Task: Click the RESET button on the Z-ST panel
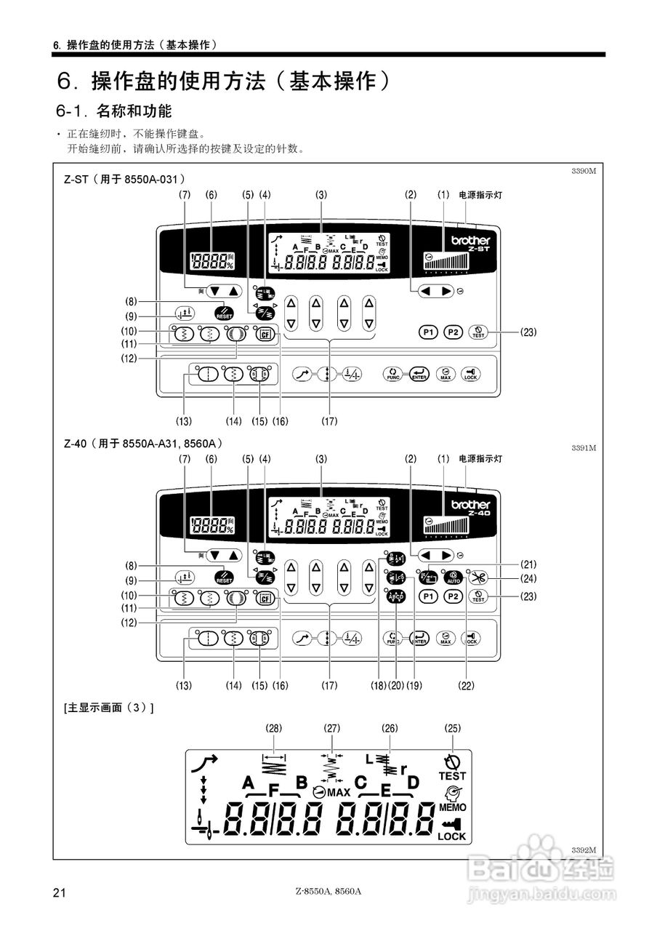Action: [224, 314]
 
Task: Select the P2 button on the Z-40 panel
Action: [454, 596]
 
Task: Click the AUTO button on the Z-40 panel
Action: [454, 578]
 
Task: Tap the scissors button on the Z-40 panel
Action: [477, 578]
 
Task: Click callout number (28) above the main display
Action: [274, 727]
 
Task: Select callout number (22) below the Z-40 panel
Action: [465, 685]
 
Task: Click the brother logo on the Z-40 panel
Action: [471, 504]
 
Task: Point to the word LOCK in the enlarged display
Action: [451, 836]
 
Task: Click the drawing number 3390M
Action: [584, 171]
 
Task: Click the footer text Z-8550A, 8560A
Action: [328, 892]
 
